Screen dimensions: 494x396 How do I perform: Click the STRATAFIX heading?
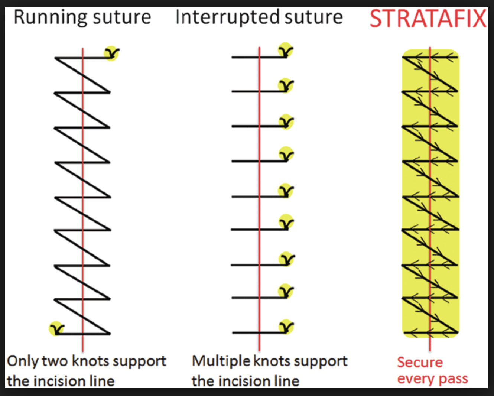pyautogui.click(x=428, y=19)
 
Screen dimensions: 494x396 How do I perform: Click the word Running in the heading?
pyautogui.click(x=50, y=17)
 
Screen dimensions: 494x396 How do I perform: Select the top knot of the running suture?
pyautogui.click(x=111, y=53)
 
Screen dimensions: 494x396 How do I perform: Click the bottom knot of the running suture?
pyautogui.click(x=56, y=328)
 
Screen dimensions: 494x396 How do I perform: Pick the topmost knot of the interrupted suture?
pyautogui.click(x=286, y=51)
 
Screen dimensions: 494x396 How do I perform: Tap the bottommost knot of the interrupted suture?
pyautogui.click(x=286, y=327)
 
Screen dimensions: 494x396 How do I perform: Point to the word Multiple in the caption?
pyautogui.click(x=221, y=361)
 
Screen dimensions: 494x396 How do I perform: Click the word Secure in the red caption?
pyautogui.click(x=420, y=362)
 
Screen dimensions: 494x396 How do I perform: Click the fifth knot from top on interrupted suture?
pyautogui.click(x=286, y=191)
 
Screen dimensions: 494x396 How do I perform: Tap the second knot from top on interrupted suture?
pyautogui.click(x=286, y=85)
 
